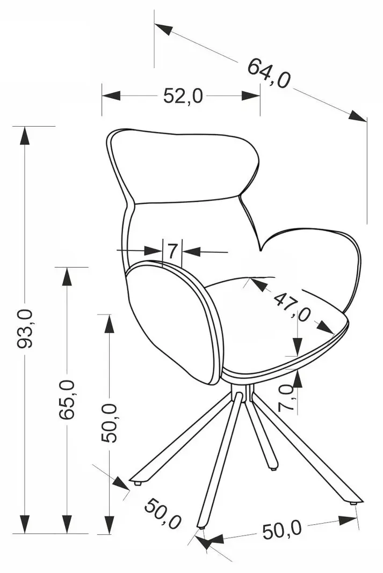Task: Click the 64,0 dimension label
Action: click(x=269, y=73)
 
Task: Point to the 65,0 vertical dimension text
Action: click(x=67, y=399)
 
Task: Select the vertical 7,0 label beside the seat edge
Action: click(x=286, y=398)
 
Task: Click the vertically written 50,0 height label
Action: click(x=110, y=423)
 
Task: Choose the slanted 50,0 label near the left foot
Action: click(x=162, y=515)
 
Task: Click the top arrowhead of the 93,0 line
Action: click(x=25, y=136)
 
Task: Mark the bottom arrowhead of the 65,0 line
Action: click(x=67, y=524)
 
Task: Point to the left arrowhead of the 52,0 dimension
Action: click(x=112, y=95)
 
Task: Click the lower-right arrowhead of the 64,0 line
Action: click(x=357, y=116)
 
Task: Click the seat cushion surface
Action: click(x=278, y=329)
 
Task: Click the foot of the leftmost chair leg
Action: click(x=137, y=483)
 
